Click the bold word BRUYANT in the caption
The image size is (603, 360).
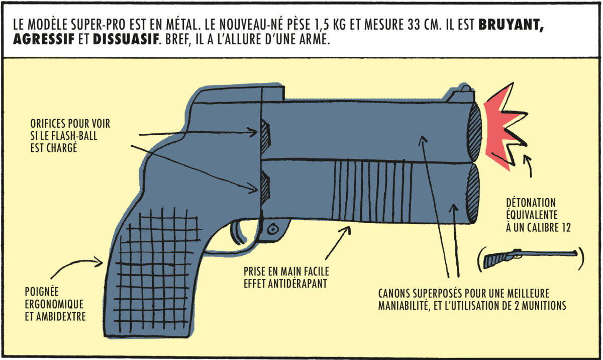511,25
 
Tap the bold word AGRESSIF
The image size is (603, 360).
44,39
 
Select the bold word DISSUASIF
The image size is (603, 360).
126,39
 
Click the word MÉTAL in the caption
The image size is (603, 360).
182,24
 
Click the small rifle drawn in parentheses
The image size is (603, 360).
530,259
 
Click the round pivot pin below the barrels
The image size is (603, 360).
273,229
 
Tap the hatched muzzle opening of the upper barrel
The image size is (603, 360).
475,132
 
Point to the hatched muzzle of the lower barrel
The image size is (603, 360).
473,193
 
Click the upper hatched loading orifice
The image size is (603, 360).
265,137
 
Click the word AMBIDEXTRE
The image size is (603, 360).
61,316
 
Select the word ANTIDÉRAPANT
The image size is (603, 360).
297,284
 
